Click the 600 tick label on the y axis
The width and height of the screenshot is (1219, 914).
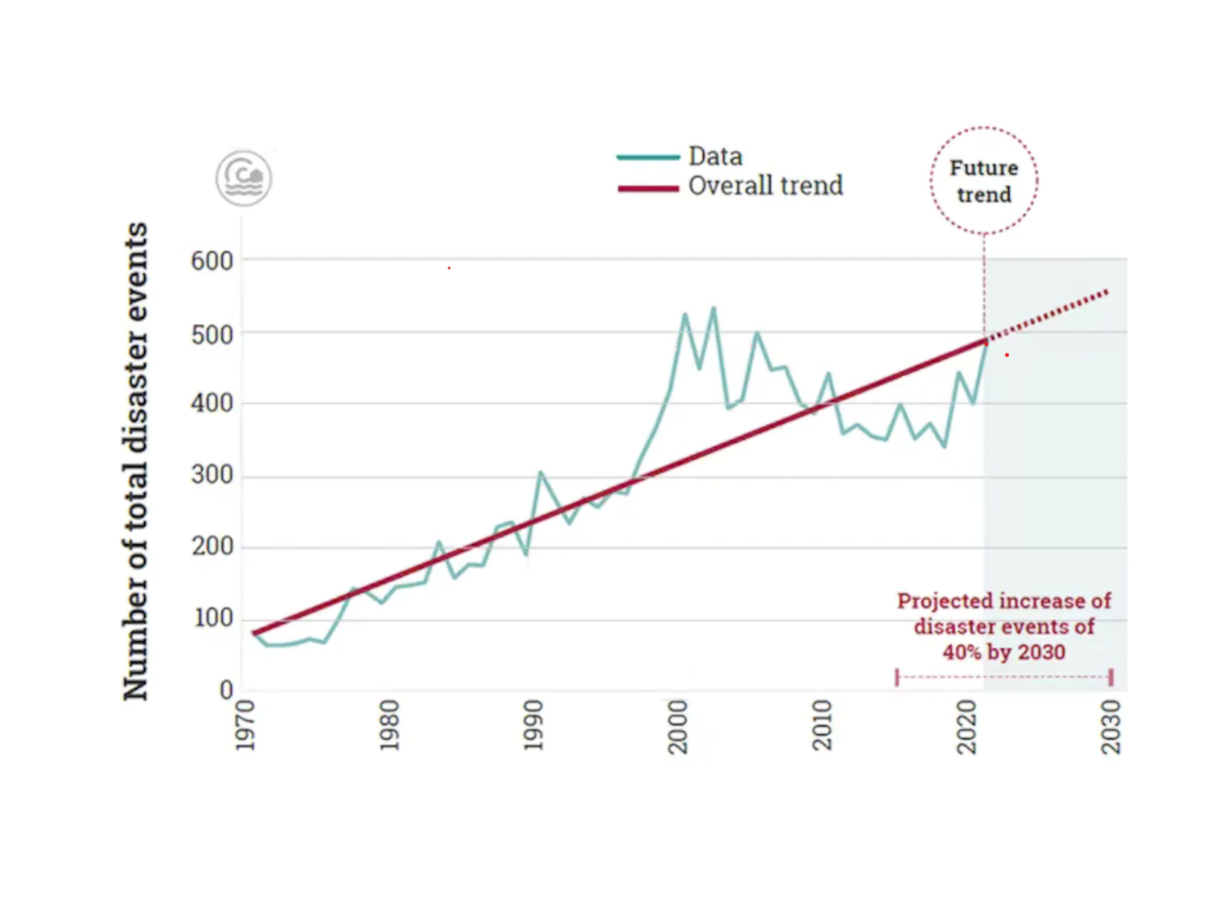point(211,260)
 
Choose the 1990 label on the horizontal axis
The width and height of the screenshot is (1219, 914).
point(533,726)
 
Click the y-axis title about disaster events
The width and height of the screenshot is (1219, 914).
point(135,461)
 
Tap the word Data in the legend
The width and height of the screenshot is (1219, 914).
point(715,157)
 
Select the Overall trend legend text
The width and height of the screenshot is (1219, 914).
point(766,186)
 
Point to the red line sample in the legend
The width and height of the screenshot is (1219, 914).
point(648,188)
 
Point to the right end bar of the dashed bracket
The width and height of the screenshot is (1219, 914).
point(1111,677)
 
